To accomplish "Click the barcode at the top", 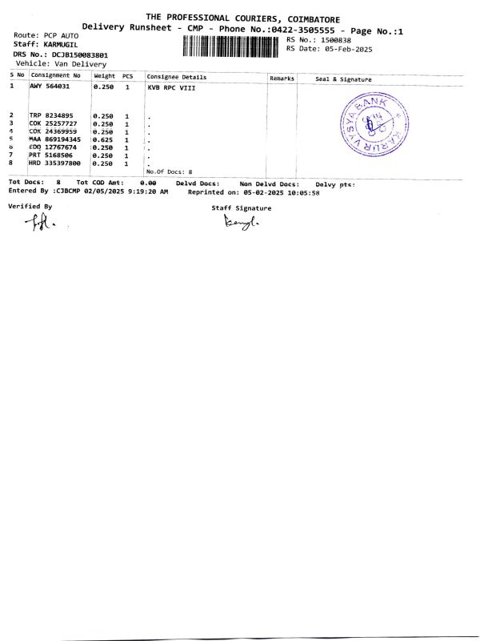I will point(231,46).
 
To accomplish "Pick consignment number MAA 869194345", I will point(60,139).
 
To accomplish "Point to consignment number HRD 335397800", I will point(60,163).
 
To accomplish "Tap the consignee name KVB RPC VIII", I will point(172,87).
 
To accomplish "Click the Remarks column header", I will point(282,79).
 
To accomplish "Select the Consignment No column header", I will point(55,76).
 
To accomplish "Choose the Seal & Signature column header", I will point(344,79).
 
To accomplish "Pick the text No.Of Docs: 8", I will point(170,172).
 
